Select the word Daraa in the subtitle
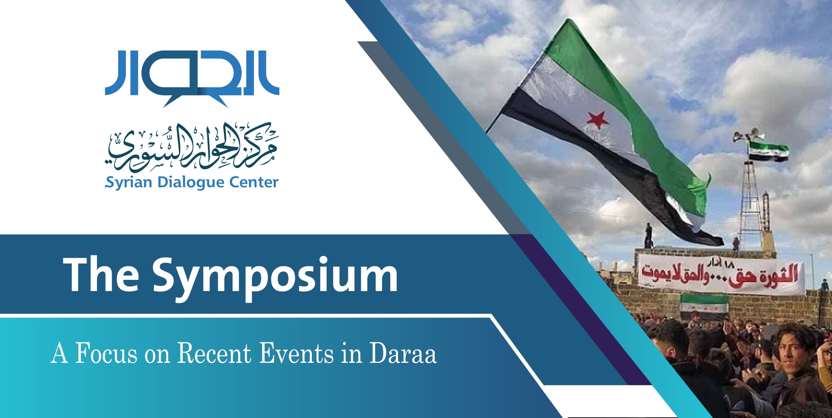coord(403,353)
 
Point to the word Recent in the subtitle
coord(214,353)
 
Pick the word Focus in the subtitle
coord(106,353)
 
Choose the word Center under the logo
coord(254,182)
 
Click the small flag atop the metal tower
coord(768,151)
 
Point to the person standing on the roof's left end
coord(649,235)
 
